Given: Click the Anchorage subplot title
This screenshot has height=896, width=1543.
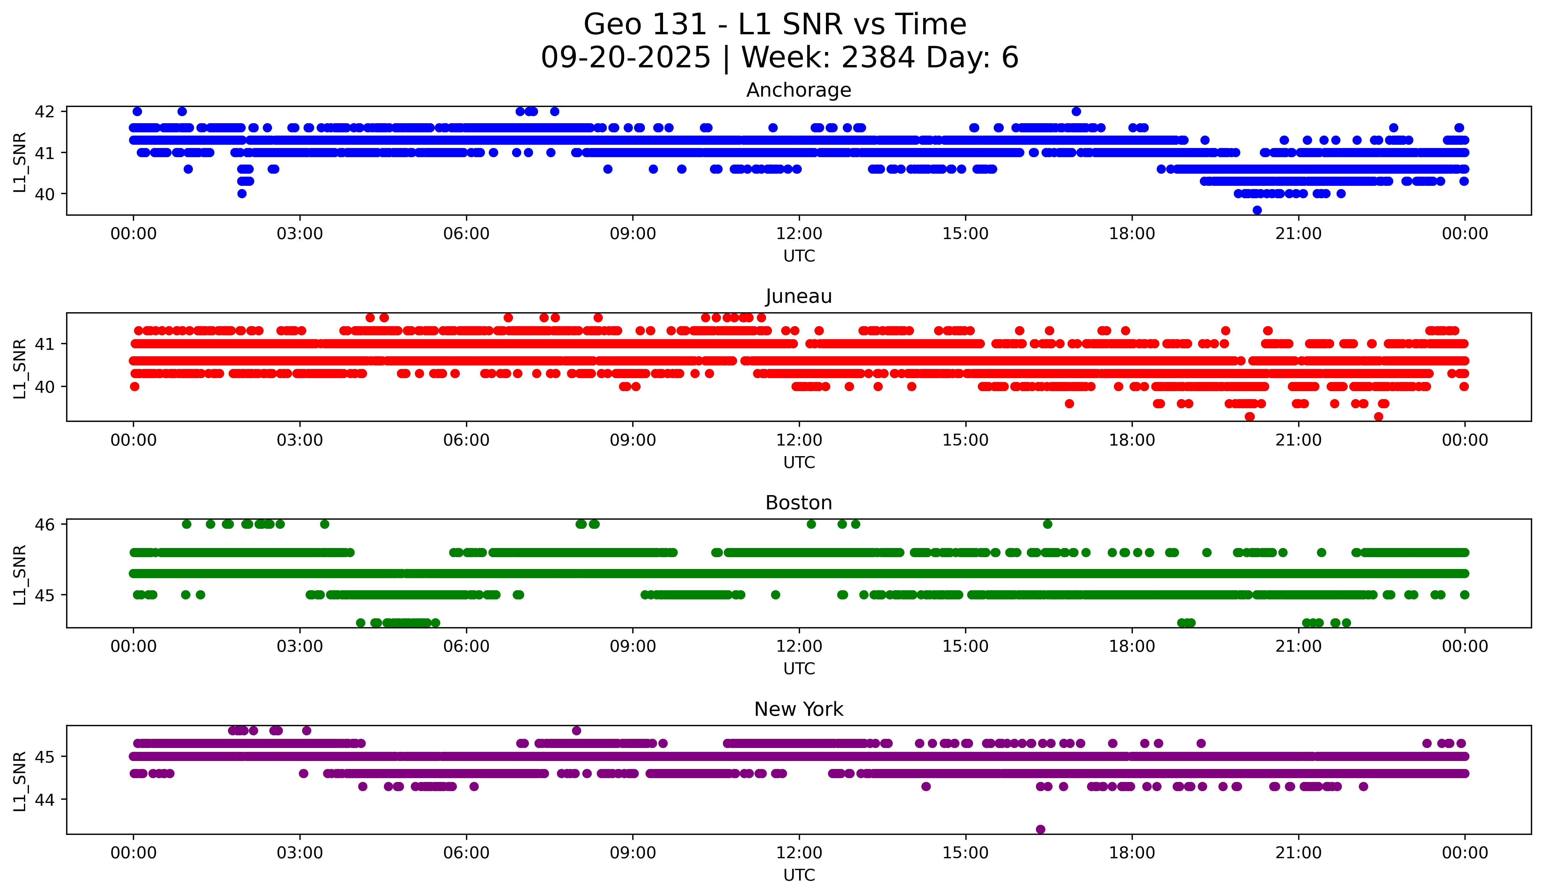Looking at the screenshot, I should [799, 90].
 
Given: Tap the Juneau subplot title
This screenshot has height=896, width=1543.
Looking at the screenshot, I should [799, 296].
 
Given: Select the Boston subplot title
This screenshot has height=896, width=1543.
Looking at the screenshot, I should [799, 503].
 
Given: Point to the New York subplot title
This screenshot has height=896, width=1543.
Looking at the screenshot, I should [799, 709].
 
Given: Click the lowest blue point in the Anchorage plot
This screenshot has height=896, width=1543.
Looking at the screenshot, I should [1257, 210].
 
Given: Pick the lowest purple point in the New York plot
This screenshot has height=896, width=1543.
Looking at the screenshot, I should [1040, 829].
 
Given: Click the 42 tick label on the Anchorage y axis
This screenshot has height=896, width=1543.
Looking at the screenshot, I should [45, 111].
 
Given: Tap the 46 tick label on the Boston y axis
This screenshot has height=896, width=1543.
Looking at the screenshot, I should [45, 524].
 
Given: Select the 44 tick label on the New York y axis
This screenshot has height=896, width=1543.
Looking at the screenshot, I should [45, 799].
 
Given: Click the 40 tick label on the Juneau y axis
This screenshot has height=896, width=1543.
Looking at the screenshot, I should [45, 386].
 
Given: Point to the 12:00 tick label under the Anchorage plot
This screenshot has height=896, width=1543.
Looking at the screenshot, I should [799, 234].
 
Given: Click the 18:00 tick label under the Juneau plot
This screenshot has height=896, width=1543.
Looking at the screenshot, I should [1132, 440].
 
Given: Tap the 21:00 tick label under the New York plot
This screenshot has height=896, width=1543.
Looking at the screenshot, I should [1298, 853].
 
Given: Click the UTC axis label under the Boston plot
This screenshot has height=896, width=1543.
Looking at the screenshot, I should [799, 669].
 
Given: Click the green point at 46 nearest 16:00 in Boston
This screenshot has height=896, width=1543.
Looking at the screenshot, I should [1048, 524].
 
